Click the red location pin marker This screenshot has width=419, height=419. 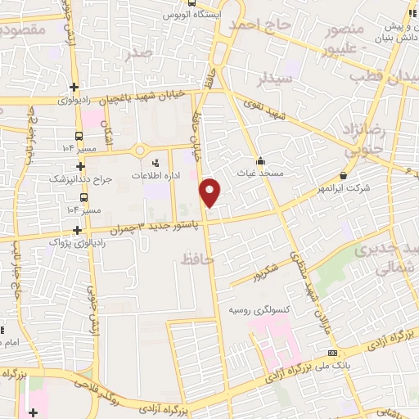pos(210,191)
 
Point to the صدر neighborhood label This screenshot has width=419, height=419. pos(140,53)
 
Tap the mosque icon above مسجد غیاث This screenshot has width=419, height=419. pos(261,160)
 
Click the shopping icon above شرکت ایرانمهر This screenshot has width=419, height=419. pos(342,175)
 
